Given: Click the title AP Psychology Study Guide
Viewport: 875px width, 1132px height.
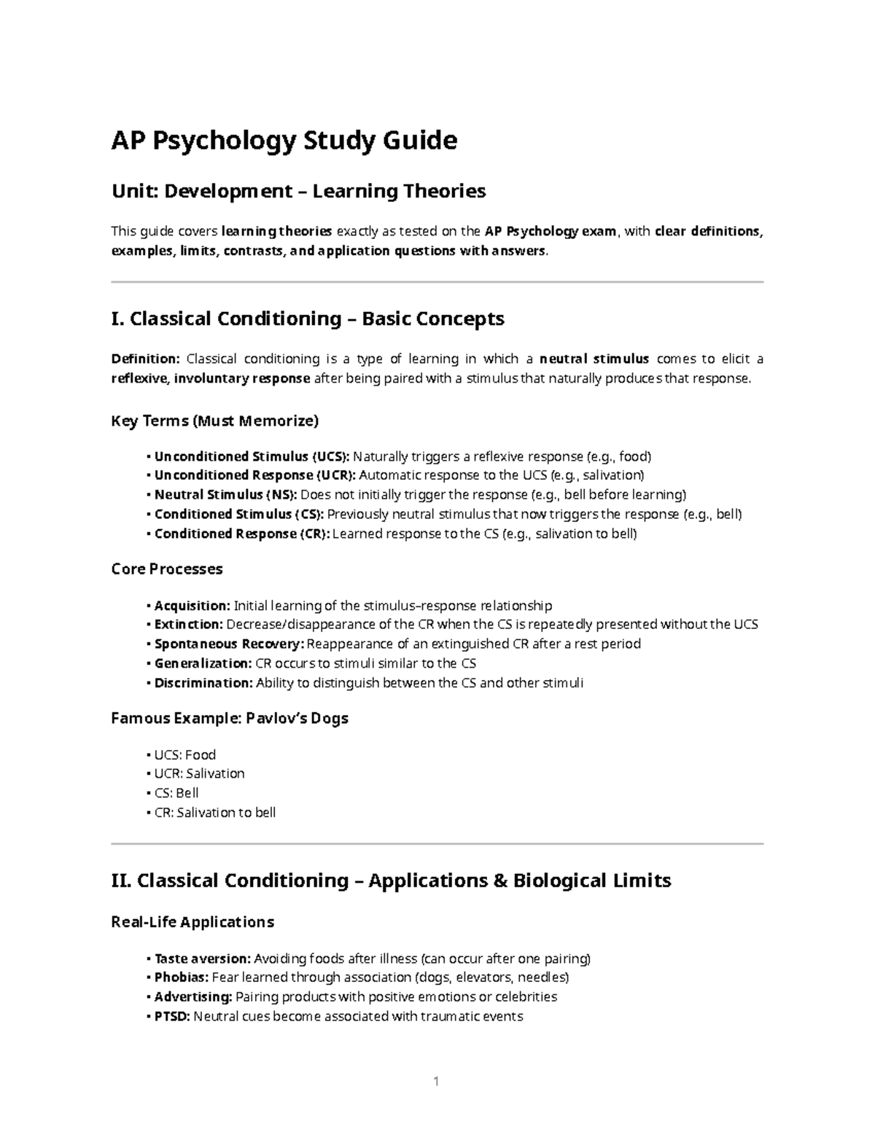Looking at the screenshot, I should click(284, 140).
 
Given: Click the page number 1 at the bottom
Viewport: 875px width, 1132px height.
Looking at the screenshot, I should click(436, 1081).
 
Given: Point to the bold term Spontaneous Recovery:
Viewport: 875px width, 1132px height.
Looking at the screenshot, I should click(229, 644).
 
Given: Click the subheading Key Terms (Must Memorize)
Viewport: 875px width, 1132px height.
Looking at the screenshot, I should click(214, 421).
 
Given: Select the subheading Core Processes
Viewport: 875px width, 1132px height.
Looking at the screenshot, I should click(167, 569).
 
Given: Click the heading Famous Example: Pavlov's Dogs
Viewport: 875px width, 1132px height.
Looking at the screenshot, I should click(230, 719).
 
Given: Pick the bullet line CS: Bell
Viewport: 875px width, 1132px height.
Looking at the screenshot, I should click(176, 793).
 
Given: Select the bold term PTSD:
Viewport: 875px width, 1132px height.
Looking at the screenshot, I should click(172, 1016).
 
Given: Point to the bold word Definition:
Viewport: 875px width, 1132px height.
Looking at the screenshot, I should click(145, 359).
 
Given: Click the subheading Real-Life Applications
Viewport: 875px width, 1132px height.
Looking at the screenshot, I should click(192, 922).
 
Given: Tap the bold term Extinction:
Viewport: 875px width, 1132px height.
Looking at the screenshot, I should click(189, 625).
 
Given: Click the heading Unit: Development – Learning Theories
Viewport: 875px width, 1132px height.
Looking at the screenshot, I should click(298, 192).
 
